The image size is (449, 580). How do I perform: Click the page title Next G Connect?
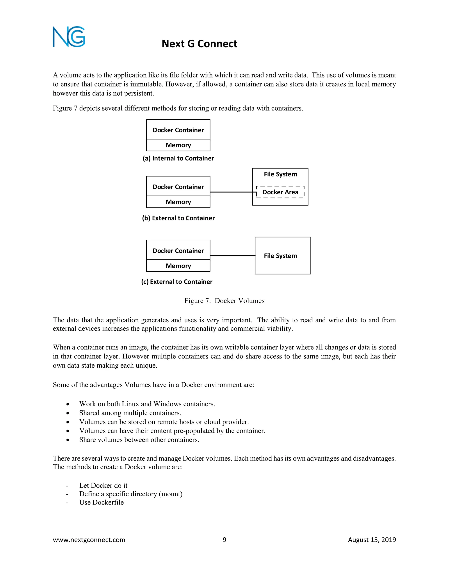coord(199,44)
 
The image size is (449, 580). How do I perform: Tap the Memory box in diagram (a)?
coord(178,145)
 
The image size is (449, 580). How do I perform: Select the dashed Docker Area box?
coord(280,192)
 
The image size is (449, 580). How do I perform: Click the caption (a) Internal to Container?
coord(178,158)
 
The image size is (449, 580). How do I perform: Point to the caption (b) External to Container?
coord(178,218)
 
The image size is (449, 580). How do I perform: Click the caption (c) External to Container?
coord(177,282)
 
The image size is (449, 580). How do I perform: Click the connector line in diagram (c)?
coord(232,255)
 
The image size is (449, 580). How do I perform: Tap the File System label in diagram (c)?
coord(280,256)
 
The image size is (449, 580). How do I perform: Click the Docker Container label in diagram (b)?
coord(178,187)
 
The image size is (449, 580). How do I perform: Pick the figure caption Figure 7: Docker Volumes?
coord(224,301)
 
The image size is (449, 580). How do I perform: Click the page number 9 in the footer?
coord(224,540)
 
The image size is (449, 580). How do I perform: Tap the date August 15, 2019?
coord(372,540)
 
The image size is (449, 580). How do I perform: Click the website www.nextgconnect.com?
coord(89,540)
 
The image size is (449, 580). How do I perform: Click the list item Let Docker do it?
coord(103,485)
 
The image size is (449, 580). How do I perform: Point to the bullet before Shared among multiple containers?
coord(68,413)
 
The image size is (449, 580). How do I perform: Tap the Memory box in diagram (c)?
coord(178,266)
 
